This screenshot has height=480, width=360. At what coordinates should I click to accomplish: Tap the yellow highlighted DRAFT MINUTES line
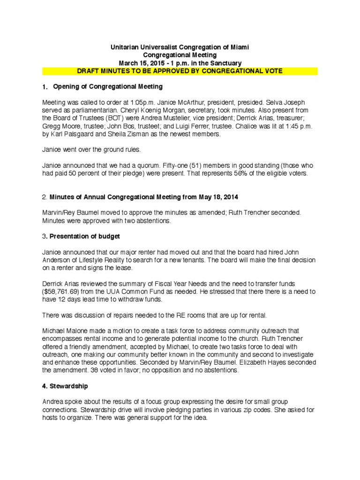click(x=180, y=71)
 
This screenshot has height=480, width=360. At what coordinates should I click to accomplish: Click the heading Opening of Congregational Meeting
click(x=108, y=86)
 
